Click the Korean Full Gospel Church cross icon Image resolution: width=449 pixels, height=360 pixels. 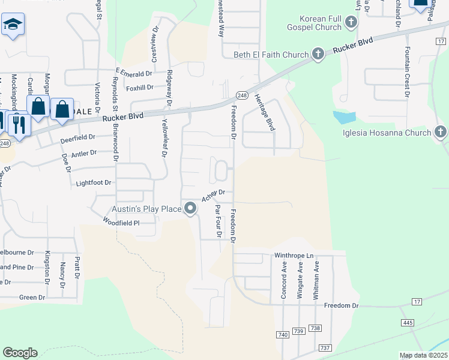[351, 23]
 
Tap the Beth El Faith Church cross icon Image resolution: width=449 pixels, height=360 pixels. [318, 55]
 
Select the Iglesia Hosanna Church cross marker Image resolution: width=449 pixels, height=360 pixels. [441, 133]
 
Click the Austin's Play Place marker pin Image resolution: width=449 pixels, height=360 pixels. [190, 209]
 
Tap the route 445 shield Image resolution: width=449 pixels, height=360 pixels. [408, 323]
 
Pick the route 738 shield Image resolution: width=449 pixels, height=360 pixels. [316, 328]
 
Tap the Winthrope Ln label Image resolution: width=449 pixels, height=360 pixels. [294, 256]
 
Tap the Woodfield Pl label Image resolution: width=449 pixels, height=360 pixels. [121, 222]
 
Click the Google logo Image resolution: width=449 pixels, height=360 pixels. [20, 353]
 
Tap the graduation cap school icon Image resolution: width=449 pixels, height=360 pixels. [12, 25]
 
